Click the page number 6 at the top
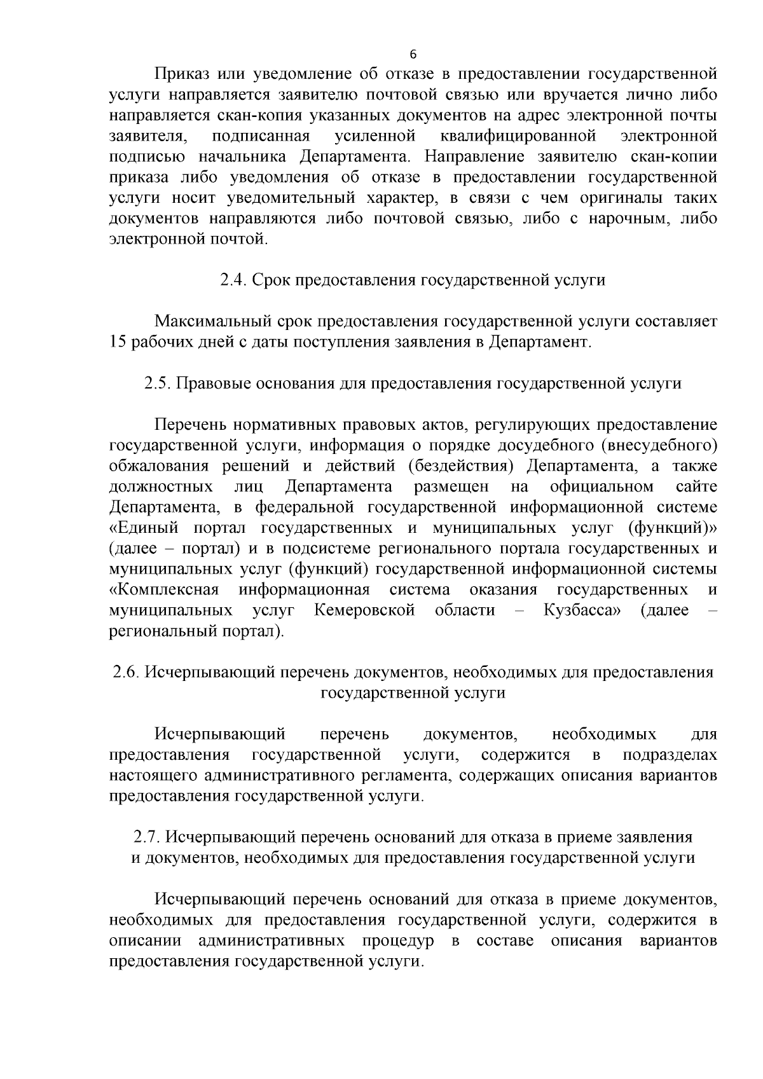(x=413, y=53)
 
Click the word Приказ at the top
(x=181, y=74)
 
